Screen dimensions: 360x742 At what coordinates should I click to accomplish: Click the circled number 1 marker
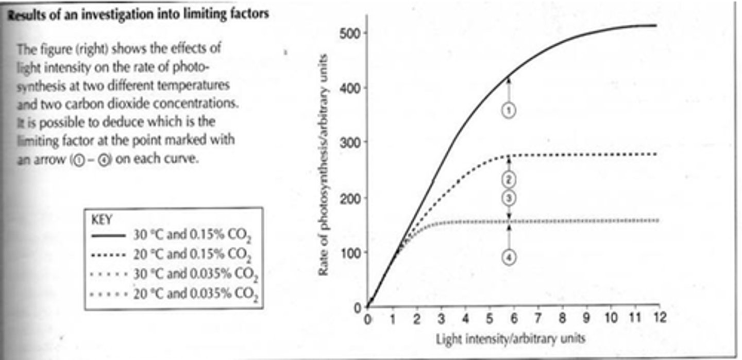[509, 110]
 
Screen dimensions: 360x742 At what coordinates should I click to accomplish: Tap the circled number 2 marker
[509, 179]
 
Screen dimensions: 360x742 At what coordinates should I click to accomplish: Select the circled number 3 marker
[509, 198]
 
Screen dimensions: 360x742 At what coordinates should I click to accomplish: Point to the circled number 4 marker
[509, 258]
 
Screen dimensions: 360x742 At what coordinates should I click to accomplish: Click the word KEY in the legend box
[102, 218]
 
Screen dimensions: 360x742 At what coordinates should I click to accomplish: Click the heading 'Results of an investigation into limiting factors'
[138, 14]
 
